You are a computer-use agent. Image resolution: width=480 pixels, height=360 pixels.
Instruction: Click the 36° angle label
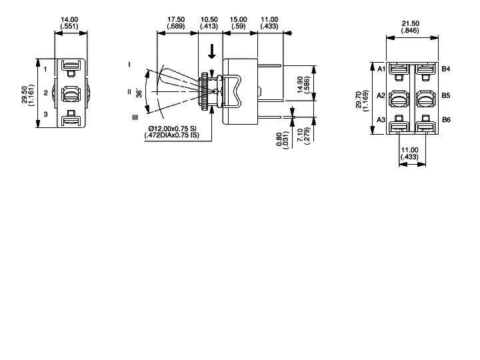(139, 92)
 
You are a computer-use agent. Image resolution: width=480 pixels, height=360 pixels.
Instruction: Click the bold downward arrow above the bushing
(211, 51)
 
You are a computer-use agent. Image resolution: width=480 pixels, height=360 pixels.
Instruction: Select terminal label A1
(381, 69)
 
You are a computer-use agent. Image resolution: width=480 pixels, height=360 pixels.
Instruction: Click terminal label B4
(446, 69)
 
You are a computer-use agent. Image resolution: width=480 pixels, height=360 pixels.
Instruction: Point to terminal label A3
(381, 119)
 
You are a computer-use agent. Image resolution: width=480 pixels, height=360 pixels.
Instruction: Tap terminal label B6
(446, 119)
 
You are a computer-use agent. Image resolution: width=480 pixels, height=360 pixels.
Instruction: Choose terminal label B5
(446, 95)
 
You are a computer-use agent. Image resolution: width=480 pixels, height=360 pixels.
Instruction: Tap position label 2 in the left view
(45, 93)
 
